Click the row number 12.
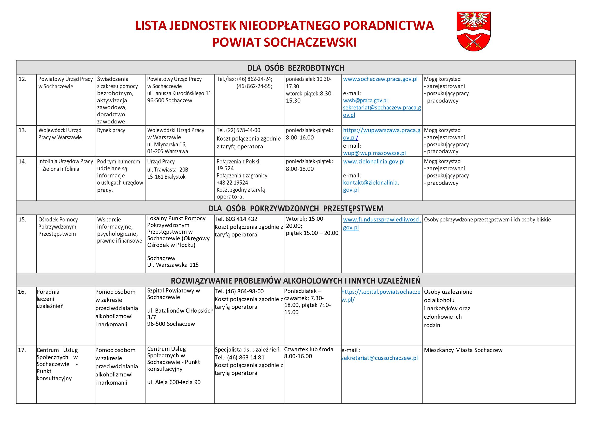click(x=23, y=79)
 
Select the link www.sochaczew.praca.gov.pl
click(x=380, y=79)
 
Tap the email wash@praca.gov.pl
click(x=365, y=100)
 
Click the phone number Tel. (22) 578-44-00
click(x=238, y=130)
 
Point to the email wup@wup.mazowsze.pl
click(x=374, y=153)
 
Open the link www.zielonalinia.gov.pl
click(x=373, y=162)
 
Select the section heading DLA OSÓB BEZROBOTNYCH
click(x=296, y=68)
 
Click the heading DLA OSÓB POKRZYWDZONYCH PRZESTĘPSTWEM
click(x=296, y=208)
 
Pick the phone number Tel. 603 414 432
click(x=236, y=219)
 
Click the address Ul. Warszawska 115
click(x=173, y=265)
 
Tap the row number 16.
click(x=22, y=292)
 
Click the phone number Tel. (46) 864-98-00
click(x=239, y=291)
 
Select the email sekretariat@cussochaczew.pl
click(x=379, y=358)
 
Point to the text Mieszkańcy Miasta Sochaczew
click(x=463, y=350)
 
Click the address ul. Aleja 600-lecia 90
click(x=174, y=382)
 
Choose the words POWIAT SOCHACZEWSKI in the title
click(x=284, y=42)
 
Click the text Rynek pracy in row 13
click(x=111, y=130)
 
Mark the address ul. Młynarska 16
click(x=167, y=144)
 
